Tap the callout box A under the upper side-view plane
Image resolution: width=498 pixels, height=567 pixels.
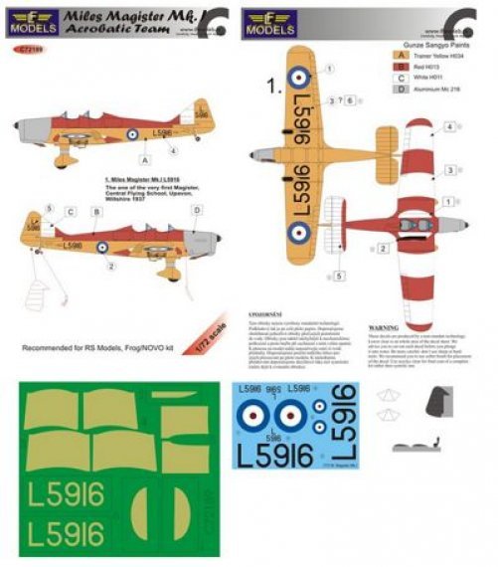144,159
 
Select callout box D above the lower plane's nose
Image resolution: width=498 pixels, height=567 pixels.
196,209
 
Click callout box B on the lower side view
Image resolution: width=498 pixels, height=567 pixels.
96,212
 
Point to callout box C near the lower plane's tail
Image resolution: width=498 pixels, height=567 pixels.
72,212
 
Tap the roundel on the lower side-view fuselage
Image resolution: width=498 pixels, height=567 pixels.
102,245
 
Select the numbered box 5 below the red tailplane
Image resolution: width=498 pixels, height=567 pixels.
339,275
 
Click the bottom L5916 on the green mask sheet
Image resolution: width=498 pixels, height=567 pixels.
61,534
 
